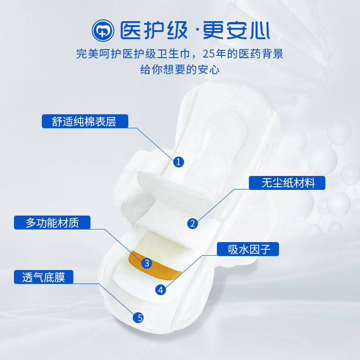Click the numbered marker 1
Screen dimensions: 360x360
pos(179,162)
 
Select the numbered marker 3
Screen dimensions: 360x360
pos(146,263)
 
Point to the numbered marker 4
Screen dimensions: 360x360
pos(161,290)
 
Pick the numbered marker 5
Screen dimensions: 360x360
pos(139,318)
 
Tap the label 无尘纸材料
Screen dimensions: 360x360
pos(288,183)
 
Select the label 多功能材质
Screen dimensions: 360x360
pos(52,223)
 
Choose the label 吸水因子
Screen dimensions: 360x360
pos(249,249)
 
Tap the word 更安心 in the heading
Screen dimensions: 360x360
pos(236,30)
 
